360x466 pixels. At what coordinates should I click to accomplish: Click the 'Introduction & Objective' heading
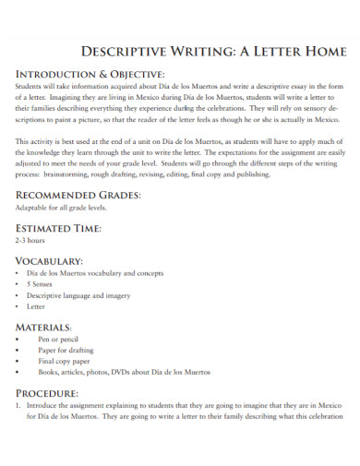(x=90, y=74)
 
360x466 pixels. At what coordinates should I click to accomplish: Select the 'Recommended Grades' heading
(x=78, y=196)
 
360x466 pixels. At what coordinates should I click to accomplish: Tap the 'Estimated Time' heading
(x=58, y=228)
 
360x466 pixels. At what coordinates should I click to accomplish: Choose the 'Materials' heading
(x=45, y=327)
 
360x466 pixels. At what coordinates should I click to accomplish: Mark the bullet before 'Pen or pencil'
(x=20, y=340)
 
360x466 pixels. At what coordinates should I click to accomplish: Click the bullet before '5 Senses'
(x=20, y=284)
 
